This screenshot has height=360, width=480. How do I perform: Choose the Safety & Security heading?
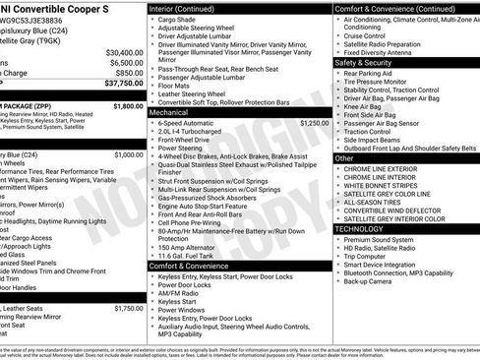[x=364, y=62]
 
